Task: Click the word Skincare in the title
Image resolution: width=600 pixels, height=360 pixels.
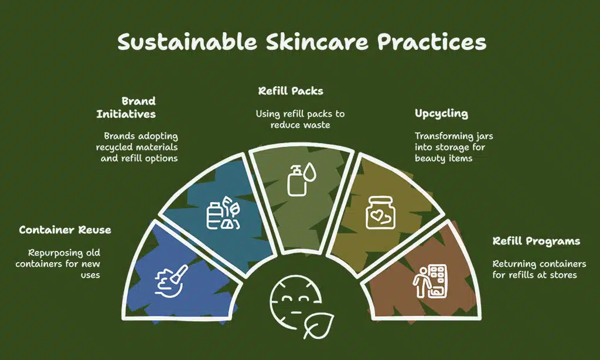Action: [x=317, y=42]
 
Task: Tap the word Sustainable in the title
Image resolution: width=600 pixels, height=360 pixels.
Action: [x=187, y=42]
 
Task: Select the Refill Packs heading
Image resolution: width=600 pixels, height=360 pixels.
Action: [x=291, y=91]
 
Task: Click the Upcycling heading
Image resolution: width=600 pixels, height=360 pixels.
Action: [x=441, y=114]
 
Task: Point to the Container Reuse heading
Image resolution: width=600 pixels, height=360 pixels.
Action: [x=65, y=230]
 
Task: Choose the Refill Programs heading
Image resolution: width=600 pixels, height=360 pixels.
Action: [x=536, y=242]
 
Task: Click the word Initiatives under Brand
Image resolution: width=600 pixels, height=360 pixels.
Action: [x=126, y=114]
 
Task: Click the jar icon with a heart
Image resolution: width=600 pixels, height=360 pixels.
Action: [x=380, y=213]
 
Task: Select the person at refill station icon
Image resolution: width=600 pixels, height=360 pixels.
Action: [x=430, y=281]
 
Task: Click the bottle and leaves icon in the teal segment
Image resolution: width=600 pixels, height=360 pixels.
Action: [x=223, y=213]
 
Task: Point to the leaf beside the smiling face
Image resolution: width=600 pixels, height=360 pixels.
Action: [x=319, y=325]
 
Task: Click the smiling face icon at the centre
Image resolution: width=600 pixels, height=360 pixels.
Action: [x=293, y=302]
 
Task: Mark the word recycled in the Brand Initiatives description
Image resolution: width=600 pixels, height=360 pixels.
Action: [x=115, y=147]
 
